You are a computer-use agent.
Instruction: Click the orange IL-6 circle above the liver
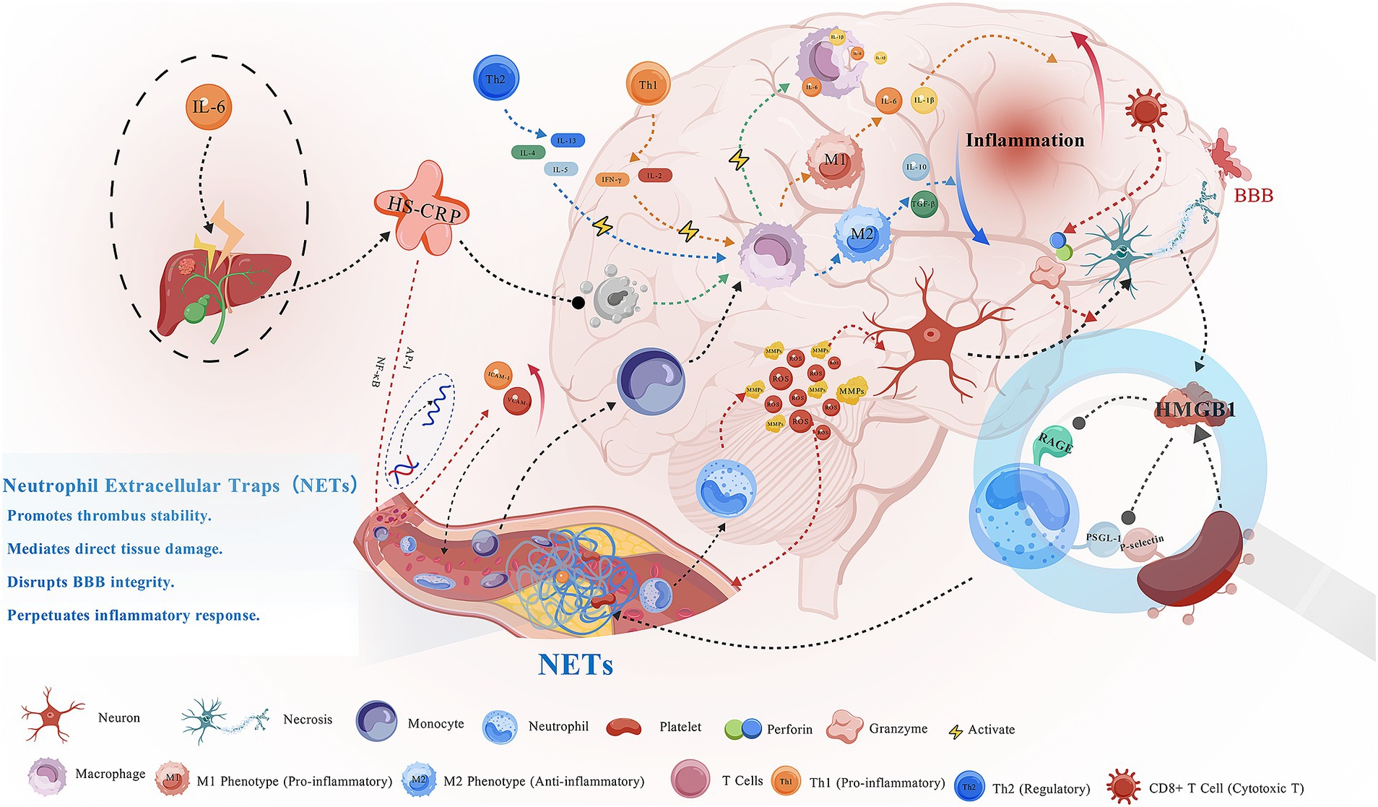coord(209,107)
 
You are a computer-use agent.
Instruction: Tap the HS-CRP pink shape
coord(422,210)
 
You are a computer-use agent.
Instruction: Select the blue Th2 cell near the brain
coord(495,79)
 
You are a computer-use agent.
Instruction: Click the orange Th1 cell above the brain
coord(648,85)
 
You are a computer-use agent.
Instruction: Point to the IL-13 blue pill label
coord(567,140)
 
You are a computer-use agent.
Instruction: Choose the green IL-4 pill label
coord(528,152)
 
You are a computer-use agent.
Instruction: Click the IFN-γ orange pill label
coord(612,179)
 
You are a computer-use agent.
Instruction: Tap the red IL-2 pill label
coord(654,176)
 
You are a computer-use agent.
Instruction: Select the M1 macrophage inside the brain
coord(834,160)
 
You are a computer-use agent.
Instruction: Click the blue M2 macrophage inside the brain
coord(862,234)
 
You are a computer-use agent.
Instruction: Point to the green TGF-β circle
coord(924,204)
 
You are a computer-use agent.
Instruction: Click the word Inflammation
coord(1025,140)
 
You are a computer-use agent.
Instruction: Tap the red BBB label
coord(1253,196)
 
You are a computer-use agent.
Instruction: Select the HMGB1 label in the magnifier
coord(1195,410)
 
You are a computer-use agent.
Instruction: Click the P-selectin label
coord(1142,543)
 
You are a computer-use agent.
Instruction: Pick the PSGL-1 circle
coord(1103,539)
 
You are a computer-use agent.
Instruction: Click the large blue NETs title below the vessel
coord(576,665)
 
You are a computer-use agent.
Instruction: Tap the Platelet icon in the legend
coord(624,727)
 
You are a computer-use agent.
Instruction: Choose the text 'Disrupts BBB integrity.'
coord(91,582)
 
